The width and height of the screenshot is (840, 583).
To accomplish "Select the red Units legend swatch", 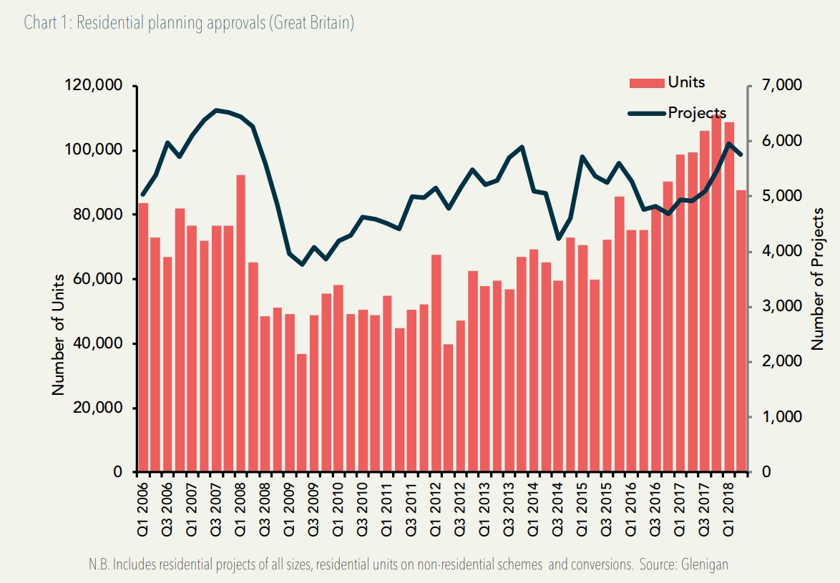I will coord(646,83).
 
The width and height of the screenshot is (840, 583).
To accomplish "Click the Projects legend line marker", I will coord(646,113).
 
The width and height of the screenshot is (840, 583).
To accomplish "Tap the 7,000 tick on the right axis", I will coord(780,86).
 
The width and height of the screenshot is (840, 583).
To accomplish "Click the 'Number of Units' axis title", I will coord(59,334).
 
